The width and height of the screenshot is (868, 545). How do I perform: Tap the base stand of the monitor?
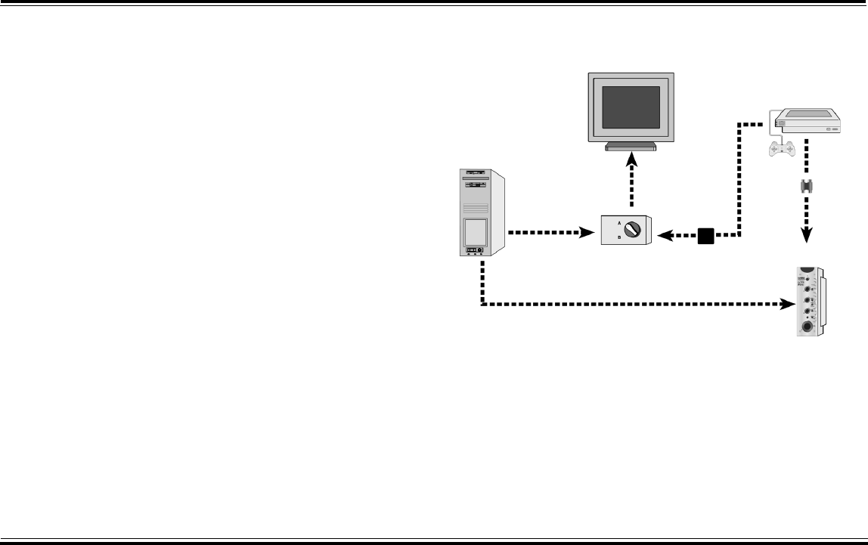pyautogui.click(x=631, y=147)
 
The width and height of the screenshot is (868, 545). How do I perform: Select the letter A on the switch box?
pyautogui.click(x=619, y=224)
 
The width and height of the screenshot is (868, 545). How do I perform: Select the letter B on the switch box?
pyautogui.click(x=619, y=237)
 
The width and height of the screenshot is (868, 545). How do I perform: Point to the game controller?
pyautogui.click(x=781, y=149)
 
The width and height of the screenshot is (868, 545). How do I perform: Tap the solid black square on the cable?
pyautogui.click(x=705, y=237)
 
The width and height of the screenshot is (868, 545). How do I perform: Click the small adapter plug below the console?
pyautogui.click(x=807, y=187)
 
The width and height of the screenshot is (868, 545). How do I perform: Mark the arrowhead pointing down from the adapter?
pyautogui.click(x=807, y=235)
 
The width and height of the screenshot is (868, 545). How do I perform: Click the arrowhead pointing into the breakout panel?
pyautogui.click(x=785, y=305)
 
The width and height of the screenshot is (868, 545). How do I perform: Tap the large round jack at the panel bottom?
pyautogui.click(x=809, y=327)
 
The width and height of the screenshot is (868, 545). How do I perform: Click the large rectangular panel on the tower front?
pyautogui.click(x=476, y=230)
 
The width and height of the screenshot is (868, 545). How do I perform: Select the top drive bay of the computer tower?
pyautogui.click(x=475, y=173)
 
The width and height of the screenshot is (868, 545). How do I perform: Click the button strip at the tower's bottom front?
pyautogui.click(x=475, y=249)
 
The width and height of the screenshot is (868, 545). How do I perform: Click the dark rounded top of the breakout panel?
pyautogui.click(x=808, y=270)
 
